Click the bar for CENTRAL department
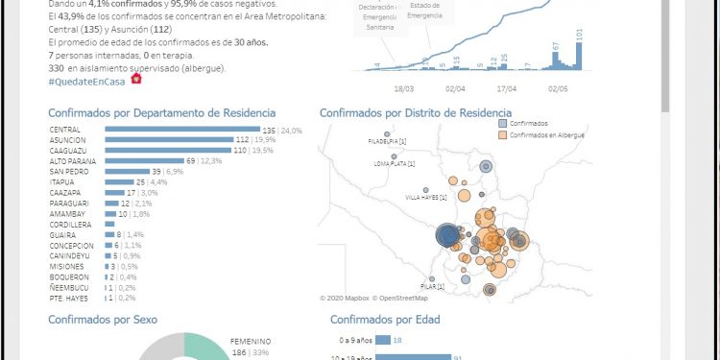point(182,130)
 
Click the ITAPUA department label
point(62,182)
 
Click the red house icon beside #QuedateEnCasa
point(135,79)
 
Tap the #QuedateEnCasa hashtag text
point(88,81)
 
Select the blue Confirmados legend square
point(504,124)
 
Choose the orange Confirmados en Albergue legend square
point(504,135)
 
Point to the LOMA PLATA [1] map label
point(395,164)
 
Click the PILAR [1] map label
point(433,286)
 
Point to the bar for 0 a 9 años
point(382,340)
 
